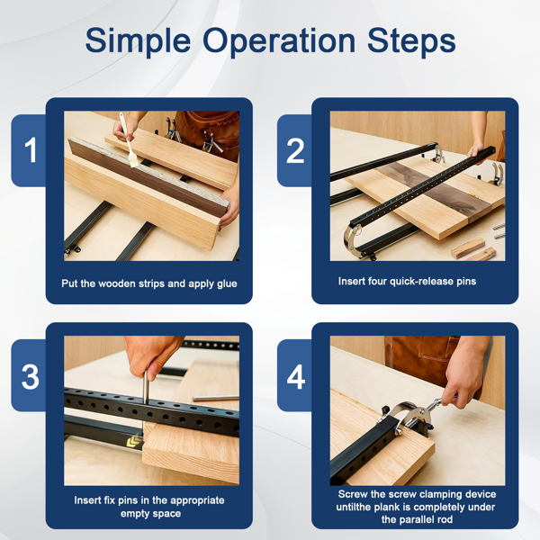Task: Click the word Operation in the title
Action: coord(279,41)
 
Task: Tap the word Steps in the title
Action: coord(411,41)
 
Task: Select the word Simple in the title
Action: coord(138,41)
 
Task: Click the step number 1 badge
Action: coord(31,150)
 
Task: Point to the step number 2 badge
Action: coord(295,150)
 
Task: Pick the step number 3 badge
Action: coord(31,376)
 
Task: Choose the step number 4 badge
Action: coord(295,376)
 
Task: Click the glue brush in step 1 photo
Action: coord(129,140)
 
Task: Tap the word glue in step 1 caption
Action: coord(227,284)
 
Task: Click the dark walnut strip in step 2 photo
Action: coord(434,189)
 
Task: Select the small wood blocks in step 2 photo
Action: coord(473,249)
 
